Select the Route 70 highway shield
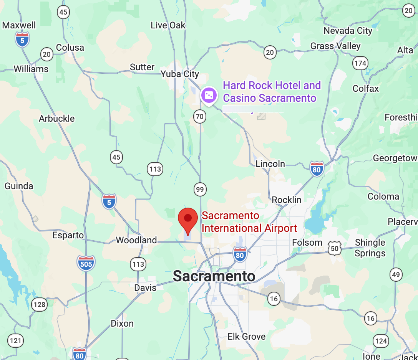[x=200, y=117]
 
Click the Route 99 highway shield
[x=200, y=189]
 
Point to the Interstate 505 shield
[x=86, y=263]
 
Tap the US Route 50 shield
[x=335, y=248]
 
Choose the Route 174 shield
[x=360, y=63]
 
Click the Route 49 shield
[x=396, y=274]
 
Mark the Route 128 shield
[x=39, y=305]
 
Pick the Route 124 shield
[x=380, y=340]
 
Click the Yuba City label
[x=180, y=74]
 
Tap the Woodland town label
[x=136, y=240]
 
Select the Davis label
[x=145, y=287]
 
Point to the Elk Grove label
[x=246, y=337]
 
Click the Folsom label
[x=307, y=243]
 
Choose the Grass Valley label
[x=335, y=46]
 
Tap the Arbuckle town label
[x=57, y=119]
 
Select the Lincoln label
[x=270, y=164]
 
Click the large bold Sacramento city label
[x=214, y=276]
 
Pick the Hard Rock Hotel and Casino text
[x=271, y=91]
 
